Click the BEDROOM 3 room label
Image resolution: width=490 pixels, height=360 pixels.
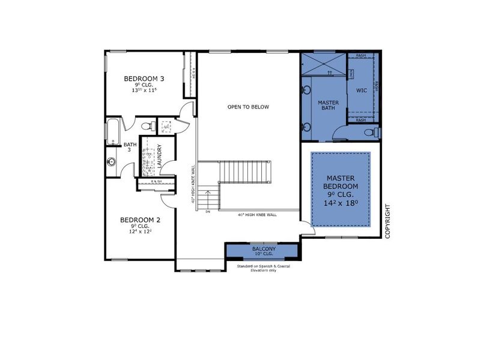[144, 79]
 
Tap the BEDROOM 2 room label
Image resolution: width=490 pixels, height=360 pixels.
[140, 219]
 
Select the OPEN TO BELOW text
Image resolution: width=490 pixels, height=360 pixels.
[248, 107]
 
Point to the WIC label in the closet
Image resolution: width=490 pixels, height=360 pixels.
[361, 91]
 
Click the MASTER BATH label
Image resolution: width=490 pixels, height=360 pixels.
[328, 106]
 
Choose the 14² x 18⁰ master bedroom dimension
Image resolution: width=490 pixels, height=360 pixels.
[340, 203]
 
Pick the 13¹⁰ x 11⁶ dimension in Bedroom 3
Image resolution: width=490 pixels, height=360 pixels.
[144, 91]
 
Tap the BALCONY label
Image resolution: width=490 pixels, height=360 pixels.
[263, 248]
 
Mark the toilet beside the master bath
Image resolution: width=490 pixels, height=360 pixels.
[374, 131]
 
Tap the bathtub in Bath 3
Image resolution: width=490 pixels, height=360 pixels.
[113, 131]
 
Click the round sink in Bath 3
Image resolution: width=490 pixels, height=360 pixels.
[111, 162]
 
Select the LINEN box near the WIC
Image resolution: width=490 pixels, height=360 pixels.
[352, 73]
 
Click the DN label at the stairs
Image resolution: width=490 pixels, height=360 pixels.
[208, 211]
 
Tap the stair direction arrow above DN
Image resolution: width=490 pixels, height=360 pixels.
[208, 197]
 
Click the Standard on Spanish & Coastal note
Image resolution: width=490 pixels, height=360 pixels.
[263, 268]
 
